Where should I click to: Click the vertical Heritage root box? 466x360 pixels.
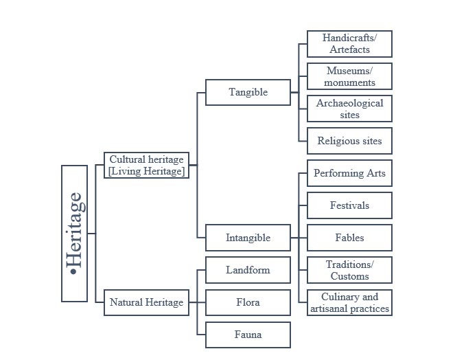(x=74, y=234)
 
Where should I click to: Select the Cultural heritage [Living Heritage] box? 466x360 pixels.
(x=146, y=165)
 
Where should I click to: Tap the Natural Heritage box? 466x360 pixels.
(x=146, y=302)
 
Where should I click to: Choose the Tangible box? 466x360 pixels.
(x=248, y=92)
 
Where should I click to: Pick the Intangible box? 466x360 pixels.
(x=248, y=238)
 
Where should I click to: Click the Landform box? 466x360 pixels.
(x=248, y=270)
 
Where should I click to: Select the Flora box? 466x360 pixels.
(x=248, y=302)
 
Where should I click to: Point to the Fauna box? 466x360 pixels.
(x=248, y=335)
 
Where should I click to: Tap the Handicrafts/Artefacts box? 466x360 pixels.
(x=349, y=44)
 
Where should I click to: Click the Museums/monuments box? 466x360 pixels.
(x=349, y=76)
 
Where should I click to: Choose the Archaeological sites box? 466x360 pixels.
(x=349, y=109)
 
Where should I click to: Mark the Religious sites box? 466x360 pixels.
(x=349, y=141)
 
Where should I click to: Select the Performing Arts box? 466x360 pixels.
(x=349, y=173)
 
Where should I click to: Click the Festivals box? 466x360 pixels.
(x=349, y=205)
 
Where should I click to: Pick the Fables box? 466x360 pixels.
(x=349, y=238)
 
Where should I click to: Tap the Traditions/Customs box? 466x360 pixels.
(x=349, y=270)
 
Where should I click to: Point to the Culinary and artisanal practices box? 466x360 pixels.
(x=349, y=302)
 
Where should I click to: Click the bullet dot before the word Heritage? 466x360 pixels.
(x=74, y=273)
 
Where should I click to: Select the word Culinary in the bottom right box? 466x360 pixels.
(x=340, y=297)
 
